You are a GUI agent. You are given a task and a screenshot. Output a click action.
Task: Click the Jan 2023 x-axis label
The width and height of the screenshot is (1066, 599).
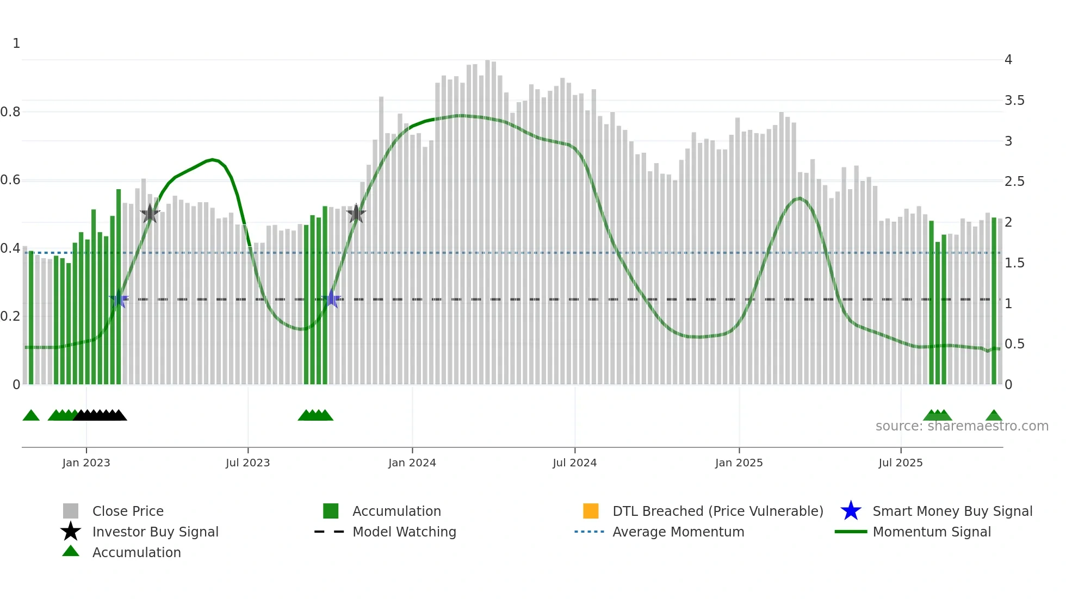86,463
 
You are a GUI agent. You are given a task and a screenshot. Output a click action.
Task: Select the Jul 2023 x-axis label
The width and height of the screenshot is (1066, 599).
247,463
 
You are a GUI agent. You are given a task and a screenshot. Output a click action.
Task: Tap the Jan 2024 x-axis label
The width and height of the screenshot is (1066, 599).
412,463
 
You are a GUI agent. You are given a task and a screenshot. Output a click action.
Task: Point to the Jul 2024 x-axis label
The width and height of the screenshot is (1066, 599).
574,463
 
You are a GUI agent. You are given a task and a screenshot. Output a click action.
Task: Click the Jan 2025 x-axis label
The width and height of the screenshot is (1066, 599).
739,463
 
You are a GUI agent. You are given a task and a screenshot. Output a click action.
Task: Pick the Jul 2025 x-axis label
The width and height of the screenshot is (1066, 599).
900,463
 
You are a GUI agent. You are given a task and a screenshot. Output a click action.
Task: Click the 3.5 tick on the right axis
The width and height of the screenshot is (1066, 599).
1014,101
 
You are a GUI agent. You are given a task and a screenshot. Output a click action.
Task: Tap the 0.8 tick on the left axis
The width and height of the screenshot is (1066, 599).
10,112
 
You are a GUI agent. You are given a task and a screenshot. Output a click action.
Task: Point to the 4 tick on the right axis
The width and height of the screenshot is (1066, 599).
1008,60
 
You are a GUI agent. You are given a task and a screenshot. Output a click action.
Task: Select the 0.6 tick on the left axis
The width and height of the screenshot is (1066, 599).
10,180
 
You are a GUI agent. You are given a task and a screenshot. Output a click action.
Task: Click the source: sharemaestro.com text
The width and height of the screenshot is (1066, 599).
962,426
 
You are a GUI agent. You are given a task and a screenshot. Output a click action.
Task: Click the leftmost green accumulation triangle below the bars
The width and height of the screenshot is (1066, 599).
31,416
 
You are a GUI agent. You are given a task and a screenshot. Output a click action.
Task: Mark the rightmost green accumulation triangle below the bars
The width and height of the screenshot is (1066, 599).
994,416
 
